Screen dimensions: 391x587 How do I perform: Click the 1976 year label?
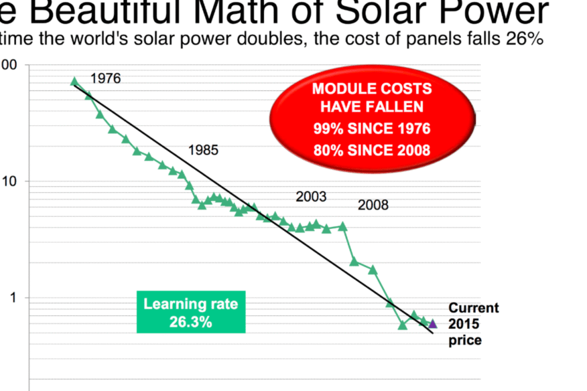click(x=105, y=78)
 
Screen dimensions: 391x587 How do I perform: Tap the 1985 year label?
click(x=203, y=150)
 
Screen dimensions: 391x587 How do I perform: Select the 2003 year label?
click(x=311, y=197)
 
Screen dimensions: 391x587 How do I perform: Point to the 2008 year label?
click(x=373, y=205)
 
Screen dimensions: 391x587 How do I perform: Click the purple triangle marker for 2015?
click(x=433, y=324)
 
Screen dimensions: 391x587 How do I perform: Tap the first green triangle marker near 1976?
click(x=74, y=82)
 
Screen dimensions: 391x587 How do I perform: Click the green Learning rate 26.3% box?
click(x=190, y=312)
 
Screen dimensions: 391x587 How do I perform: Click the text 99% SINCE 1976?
click(x=371, y=129)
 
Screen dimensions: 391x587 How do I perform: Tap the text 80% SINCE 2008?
click(x=371, y=150)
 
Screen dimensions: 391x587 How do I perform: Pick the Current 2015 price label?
click(x=473, y=324)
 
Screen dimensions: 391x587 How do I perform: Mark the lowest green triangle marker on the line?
click(x=403, y=325)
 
